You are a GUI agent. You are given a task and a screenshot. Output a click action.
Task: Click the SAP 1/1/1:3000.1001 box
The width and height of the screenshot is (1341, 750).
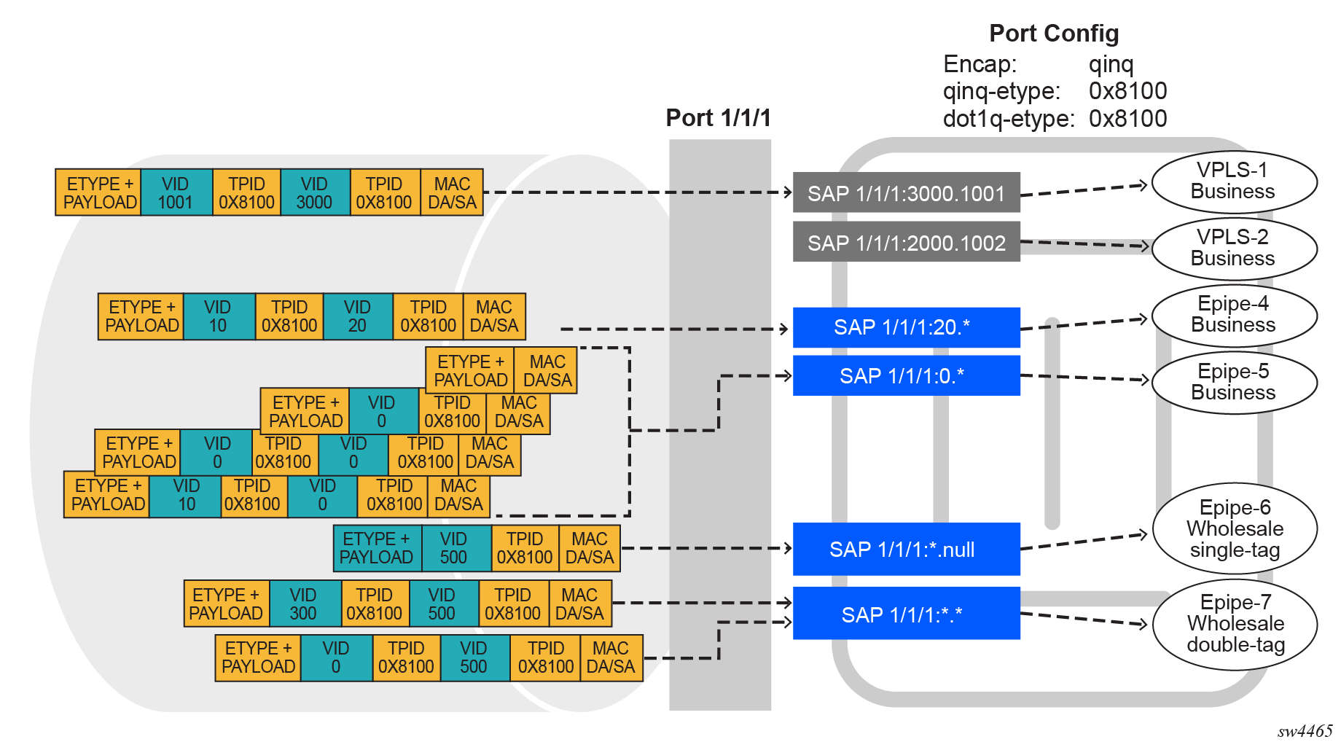point(906,193)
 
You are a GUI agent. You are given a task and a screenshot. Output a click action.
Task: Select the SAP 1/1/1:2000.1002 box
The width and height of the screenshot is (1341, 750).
point(906,242)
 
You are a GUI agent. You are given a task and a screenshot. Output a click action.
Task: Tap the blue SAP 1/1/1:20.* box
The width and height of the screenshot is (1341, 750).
point(906,327)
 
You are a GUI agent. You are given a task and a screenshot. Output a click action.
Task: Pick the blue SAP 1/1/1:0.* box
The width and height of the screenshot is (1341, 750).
point(906,376)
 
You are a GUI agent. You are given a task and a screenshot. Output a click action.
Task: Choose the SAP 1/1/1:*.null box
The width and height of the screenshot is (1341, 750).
point(906,549)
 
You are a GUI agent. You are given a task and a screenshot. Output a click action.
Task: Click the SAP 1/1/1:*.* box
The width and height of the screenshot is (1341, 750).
point(906,614)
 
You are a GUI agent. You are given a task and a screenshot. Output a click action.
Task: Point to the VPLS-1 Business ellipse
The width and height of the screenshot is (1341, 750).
point(1233,181)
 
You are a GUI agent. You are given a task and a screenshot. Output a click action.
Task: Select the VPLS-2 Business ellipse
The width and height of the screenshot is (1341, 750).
point(1233,248)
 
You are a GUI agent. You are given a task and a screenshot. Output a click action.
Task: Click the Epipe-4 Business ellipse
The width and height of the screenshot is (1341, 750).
point(1233,315)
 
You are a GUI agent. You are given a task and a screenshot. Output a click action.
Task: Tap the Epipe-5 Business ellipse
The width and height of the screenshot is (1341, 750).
point(1233,382)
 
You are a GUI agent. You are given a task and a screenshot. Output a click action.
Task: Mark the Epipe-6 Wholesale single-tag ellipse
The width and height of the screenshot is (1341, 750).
point(1235,528)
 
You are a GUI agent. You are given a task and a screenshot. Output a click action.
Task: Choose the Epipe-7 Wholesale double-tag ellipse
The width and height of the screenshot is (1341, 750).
point(1235,624)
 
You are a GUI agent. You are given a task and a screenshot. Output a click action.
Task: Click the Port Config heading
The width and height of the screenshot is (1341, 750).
point(1054,34)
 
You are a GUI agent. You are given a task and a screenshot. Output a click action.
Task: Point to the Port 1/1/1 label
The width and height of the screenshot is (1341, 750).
point(718,118)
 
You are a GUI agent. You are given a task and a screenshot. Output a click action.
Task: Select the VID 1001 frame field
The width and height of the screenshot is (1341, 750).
point(176,193)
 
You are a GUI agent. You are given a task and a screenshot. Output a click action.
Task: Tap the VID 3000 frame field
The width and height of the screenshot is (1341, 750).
point(314,193)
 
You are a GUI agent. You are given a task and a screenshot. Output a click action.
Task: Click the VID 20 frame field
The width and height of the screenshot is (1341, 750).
point(357,316)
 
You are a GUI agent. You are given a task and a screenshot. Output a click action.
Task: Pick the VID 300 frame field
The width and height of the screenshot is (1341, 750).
point(303,603)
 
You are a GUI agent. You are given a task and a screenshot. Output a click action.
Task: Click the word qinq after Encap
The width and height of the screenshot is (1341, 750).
point(1111,64)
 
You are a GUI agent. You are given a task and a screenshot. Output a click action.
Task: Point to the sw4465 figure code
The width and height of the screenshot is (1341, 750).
point(1304,732)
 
